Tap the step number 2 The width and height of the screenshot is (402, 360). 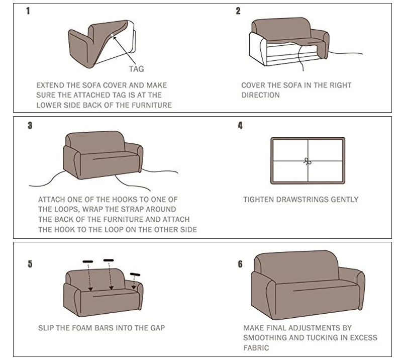[x=238, y=11]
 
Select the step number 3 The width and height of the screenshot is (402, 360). [x=30, y=125]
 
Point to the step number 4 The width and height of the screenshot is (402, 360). [x=240, y=125]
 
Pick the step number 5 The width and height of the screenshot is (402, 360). [x=30, y=263]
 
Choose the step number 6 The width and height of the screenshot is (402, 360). [x=240, y=263]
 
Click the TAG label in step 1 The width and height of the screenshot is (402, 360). [x=136, y=69]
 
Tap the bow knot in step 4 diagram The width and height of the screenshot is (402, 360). [x=308, y=161]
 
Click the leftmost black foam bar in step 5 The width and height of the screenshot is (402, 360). [x=88, y=261]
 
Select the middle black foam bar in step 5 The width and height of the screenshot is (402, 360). [x=109, y=260]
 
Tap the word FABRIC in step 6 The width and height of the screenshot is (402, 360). [x=256, y=347]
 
